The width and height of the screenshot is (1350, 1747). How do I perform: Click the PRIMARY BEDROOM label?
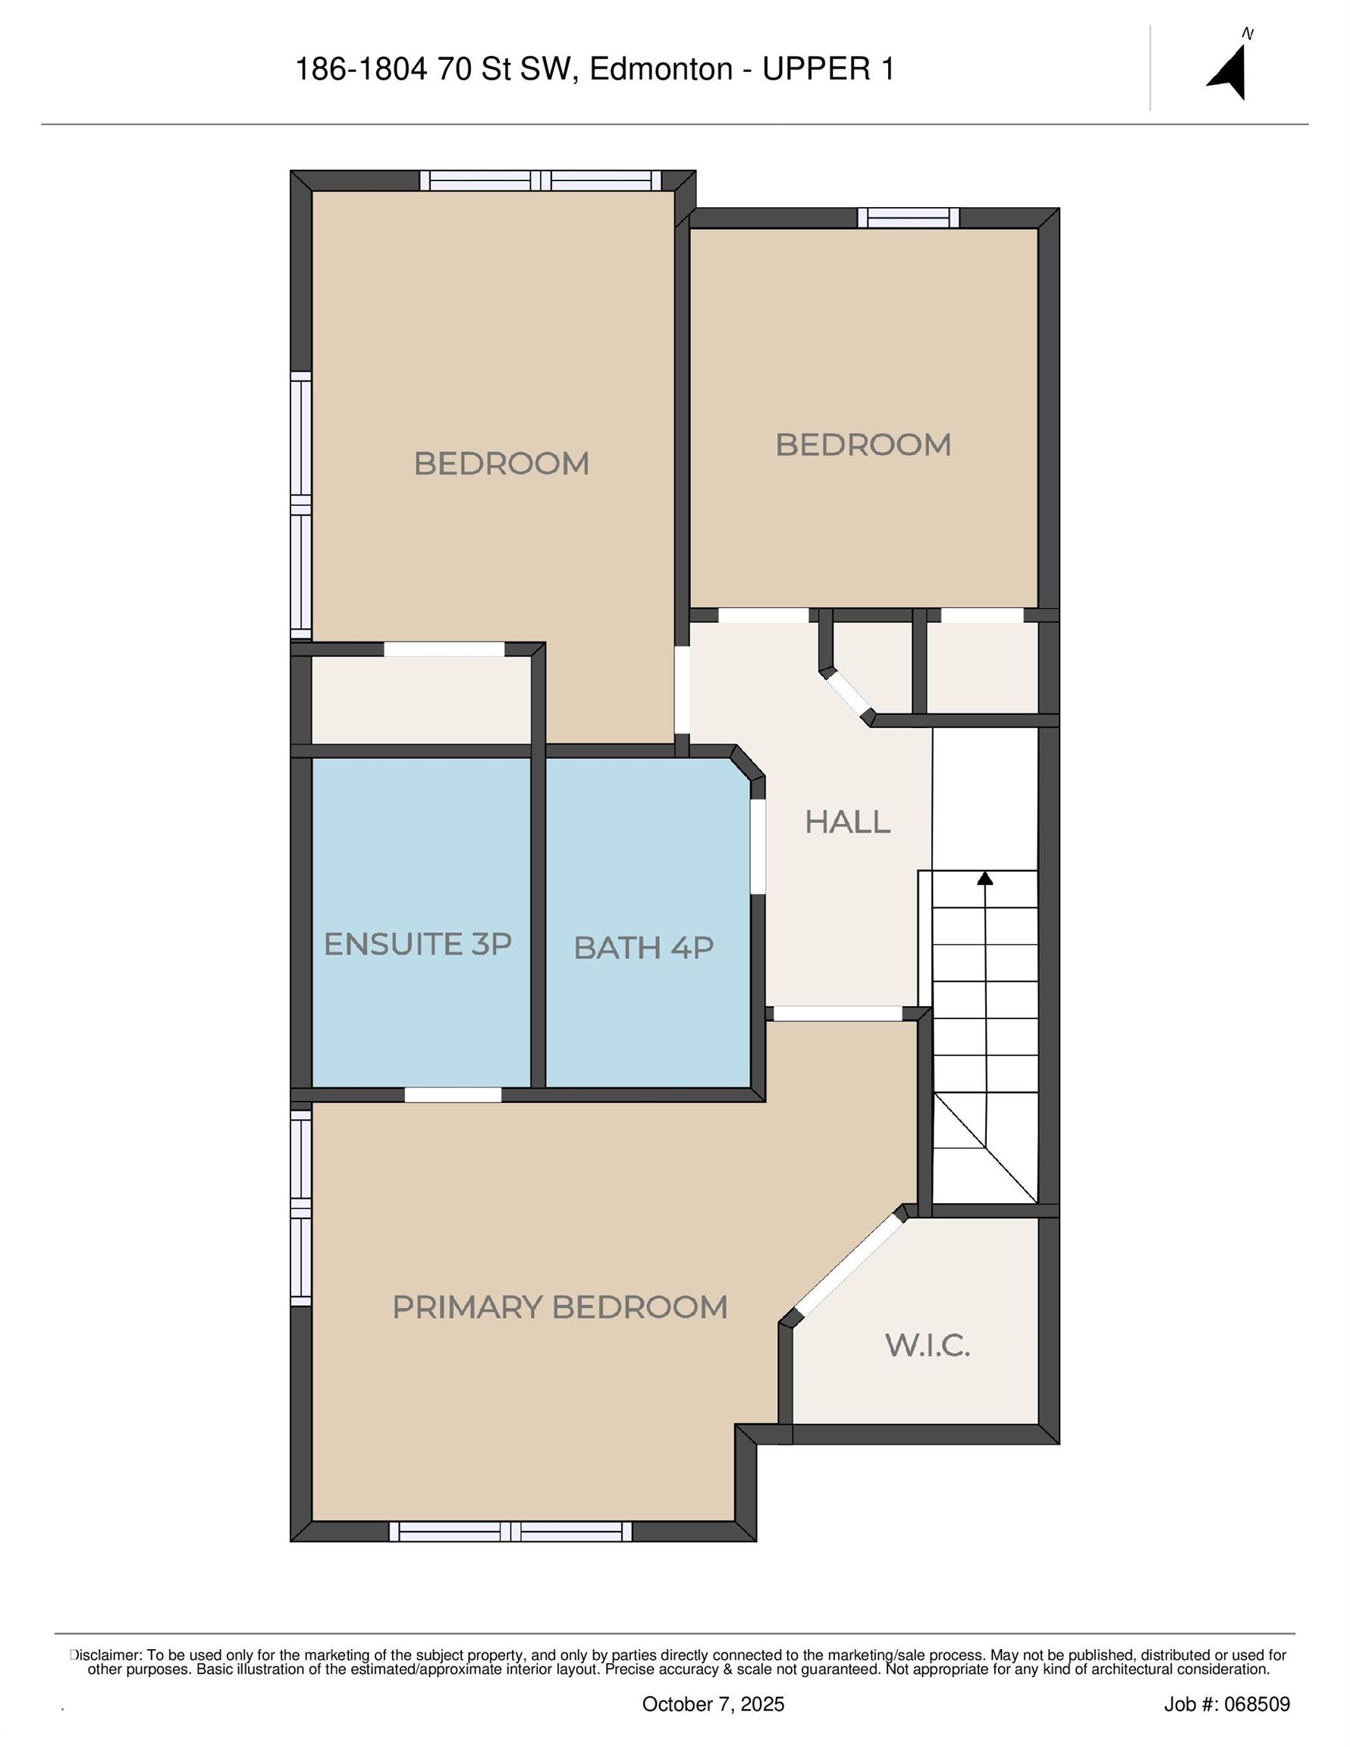click(x=560, y=1307)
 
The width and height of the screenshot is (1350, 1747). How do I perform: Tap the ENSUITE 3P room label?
click(x=417, y=944)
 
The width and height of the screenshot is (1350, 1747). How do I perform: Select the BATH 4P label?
click(x=643, y=948)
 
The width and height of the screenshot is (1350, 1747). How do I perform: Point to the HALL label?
click(x=847, y=821)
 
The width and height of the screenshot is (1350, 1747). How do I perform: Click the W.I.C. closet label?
click(x=928, y=1344)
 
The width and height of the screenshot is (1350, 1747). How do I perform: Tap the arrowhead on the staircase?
click(x=985, y=877)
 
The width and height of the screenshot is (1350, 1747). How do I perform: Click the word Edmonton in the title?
click(x=661, y=70)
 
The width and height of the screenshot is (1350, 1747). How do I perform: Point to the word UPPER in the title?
click(x=815, y=70)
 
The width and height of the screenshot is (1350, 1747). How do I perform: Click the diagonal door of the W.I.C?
click(x=848, y=1266)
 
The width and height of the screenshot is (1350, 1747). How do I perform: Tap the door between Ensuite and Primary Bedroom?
click(x=453, y=1095)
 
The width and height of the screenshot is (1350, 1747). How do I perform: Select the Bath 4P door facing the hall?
click(x=758, y=846)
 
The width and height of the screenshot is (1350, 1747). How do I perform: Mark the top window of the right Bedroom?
click(x=909, y=218)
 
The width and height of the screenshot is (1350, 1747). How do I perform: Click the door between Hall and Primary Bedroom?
click(x=838, y=1014)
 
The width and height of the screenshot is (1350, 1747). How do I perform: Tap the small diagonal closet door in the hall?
click(x=849, y=694)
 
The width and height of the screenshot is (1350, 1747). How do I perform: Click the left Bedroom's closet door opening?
click(x=444, y=650)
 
